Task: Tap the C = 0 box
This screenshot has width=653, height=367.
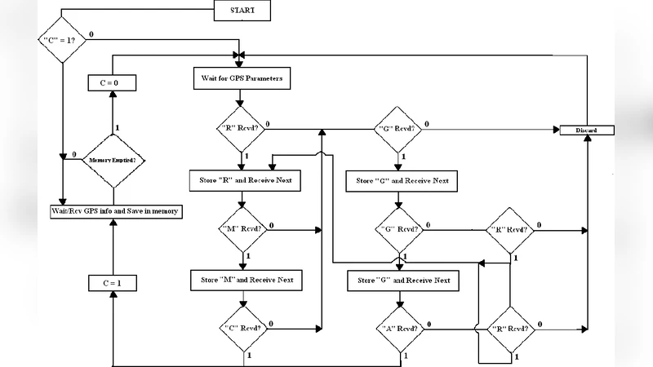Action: tap(111, 83)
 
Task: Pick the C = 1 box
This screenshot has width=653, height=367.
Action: tap(111, 283)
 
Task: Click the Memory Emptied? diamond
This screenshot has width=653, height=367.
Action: tap(112, 160)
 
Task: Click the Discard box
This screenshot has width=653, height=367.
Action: tap(587, 130)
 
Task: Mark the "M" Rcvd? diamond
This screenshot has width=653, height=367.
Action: tap(242, 229)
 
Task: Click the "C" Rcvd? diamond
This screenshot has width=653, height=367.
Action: tap(242, 329)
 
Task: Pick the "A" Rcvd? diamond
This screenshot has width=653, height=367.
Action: tap(401, 329)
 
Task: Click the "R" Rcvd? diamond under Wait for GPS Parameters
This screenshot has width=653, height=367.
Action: tap(241, 129)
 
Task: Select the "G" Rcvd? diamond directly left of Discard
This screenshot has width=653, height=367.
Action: tap(400, 129)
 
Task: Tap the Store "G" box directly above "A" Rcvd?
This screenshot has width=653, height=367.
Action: tap(404, 281)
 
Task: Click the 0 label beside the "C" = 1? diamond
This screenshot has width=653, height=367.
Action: tap(90, 33)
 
